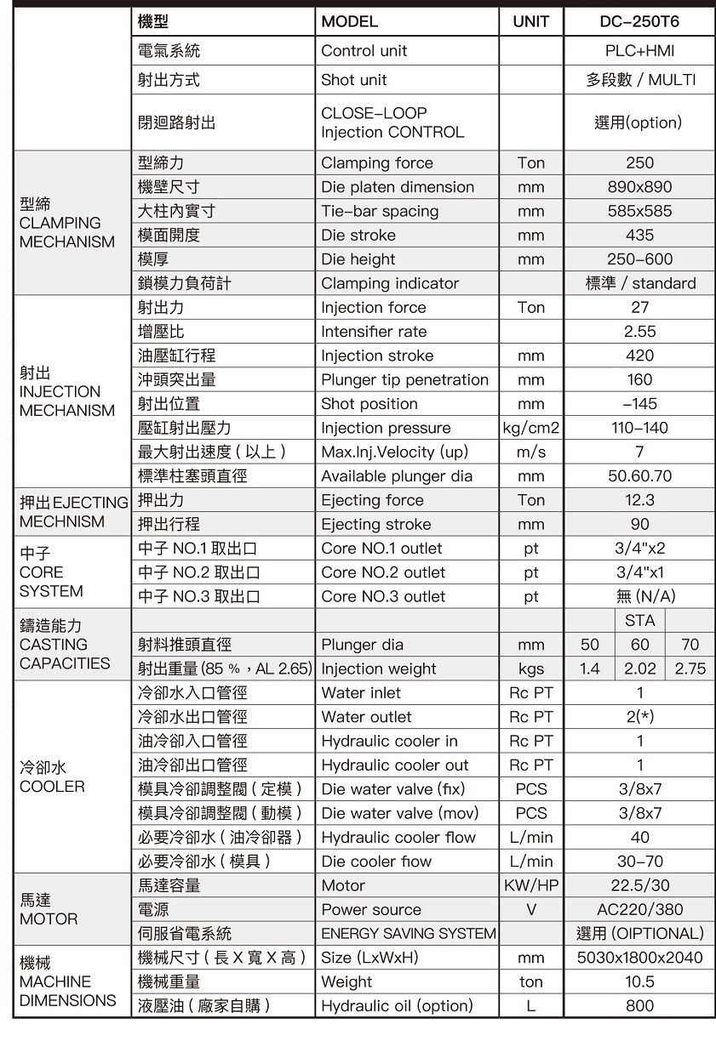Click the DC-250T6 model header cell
click(x=639, y=21)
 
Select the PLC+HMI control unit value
click(x=639, y=51)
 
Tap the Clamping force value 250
click(x=639, y=162)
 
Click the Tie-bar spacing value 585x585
click(x=639, y=211)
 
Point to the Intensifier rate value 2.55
click(x=639, y=332)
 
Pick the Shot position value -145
click(x=639, y=404)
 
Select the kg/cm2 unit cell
click(x=531, y=428)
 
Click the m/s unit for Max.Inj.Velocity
click(x=531, y=452)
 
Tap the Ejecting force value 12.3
click(x=639, y=500)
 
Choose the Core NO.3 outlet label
click(x=383, y=596)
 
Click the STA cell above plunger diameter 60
click(x=639, y=620)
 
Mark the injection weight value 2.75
click(x=690, y=668)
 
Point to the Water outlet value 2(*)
click(x=639, y=717)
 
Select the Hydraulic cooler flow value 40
click(x=639, y=837)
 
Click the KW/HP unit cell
click(x=531, y=885)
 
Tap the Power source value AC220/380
click(x=639, y=909)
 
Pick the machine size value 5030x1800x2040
click(x=639, y=958)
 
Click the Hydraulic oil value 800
click(x=639, y=1005)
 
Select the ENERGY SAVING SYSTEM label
click(x=408, y=933)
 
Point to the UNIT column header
click(x=531, y=21)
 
